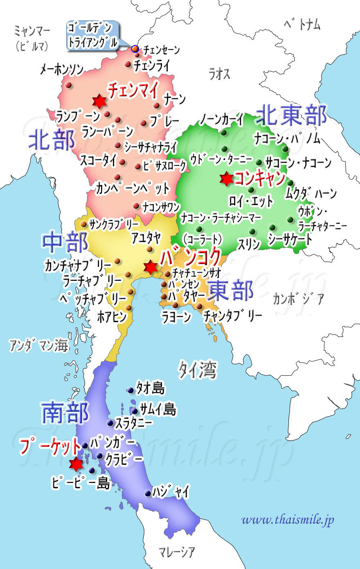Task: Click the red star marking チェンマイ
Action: pyautogui.click(x=99, y=101)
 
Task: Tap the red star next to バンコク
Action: pyautogui.click(x=151, y=267)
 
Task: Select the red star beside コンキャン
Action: pyautogui.click(x=226, y=179)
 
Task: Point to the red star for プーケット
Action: pyautogui.click(x=76, y=464)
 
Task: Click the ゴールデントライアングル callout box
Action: pyautogui.click(x=92, y=36)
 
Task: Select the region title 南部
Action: pyautogui.click(x=65, y=412)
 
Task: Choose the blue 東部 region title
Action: pyautogui.click(x=231, y=291)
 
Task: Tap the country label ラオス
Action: pyautogui.click(x=219, y=74)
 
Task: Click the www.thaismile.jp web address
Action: pyautogui.click(x=288, y=519)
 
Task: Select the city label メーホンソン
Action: pyautogui.click(x=62, y=70)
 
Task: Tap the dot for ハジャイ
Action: pyautogui.click(x=148, y=494)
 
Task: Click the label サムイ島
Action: pyautogui.click(x=158, y=409)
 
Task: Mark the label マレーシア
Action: pyautogui.click(x=177, y=552)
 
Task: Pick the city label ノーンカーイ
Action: pyautogui.click(x=221, y=120)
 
